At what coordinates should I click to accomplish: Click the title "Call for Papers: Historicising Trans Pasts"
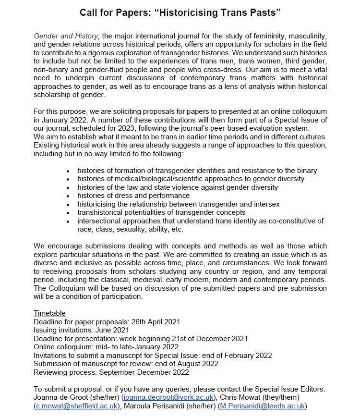pos(180,12)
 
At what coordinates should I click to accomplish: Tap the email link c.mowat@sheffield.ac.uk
pos(76,406)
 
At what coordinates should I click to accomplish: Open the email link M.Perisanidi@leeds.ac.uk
pos(262,406)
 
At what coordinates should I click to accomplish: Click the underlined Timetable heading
pos(49,313)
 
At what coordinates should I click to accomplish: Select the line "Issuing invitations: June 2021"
pos(81,330)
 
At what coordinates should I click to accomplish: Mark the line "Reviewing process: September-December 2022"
pos(111,372)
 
